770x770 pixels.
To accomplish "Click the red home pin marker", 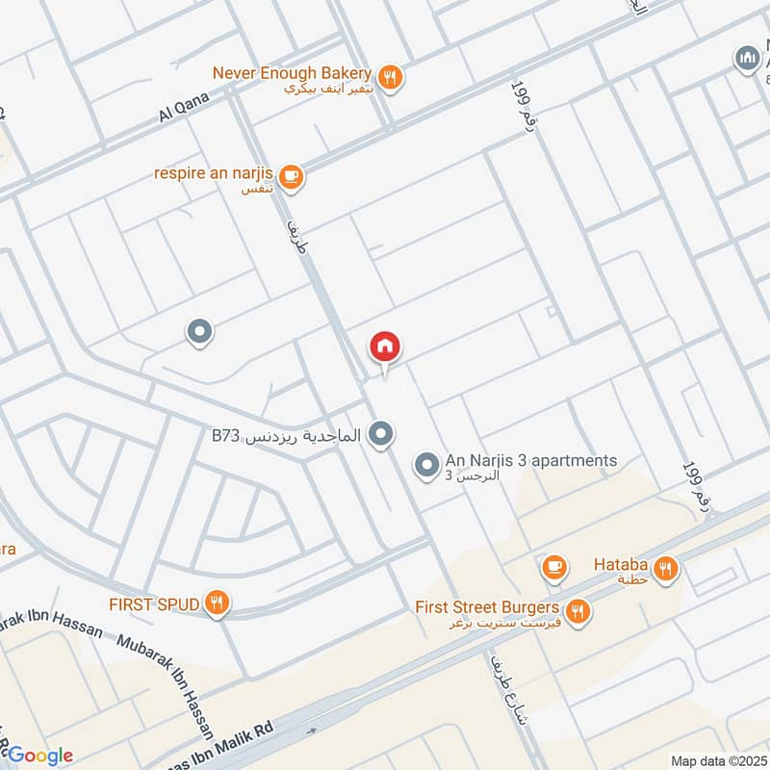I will (385, 347).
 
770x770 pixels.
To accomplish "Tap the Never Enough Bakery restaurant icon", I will (390, 77).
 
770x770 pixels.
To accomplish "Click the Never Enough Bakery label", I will (292, 73).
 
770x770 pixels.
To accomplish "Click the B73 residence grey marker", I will (382, 434).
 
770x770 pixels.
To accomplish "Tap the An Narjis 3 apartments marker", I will (426, 466).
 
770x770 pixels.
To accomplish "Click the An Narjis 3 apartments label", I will (530, 461).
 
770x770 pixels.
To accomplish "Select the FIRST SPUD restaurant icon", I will (218, 603).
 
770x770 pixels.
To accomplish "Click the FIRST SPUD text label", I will (154, 604).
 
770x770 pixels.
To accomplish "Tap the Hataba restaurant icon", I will (665, 568).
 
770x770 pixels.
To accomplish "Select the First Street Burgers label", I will (487, 607).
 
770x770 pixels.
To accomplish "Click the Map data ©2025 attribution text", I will (717, 760).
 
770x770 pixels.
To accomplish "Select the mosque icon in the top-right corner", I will (747, 58).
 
